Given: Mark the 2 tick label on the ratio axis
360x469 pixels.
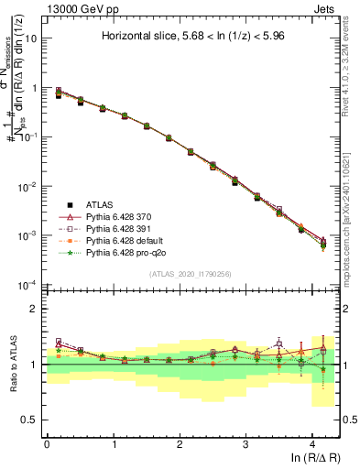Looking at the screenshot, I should (x=35, y=309).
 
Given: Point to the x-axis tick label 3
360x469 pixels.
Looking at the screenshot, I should (x=245, y=444).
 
